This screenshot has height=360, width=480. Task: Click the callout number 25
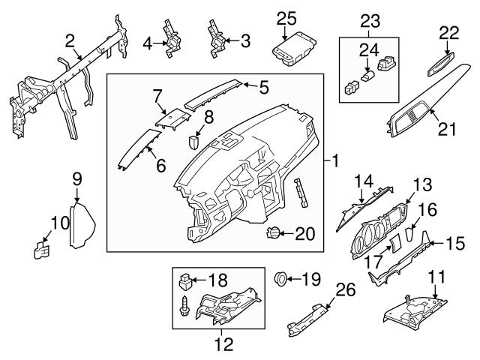(286, 18)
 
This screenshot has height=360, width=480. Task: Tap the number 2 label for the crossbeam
(69, 40)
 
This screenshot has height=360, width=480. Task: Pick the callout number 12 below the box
(224, 345)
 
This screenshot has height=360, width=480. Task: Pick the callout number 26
(344, 289)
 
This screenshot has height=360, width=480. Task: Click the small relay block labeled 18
(186, 281)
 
